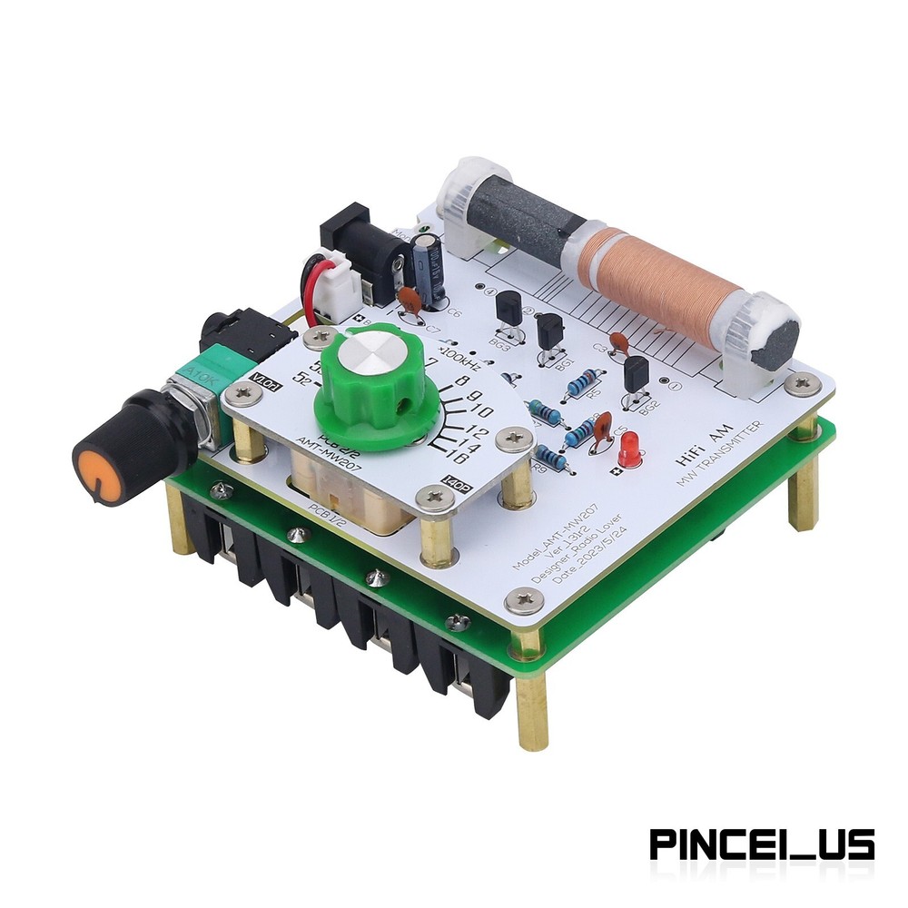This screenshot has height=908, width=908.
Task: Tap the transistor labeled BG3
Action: click(508, 311)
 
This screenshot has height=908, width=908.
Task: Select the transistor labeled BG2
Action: click(637, 374)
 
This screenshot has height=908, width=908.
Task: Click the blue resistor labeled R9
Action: click(550, 459)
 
